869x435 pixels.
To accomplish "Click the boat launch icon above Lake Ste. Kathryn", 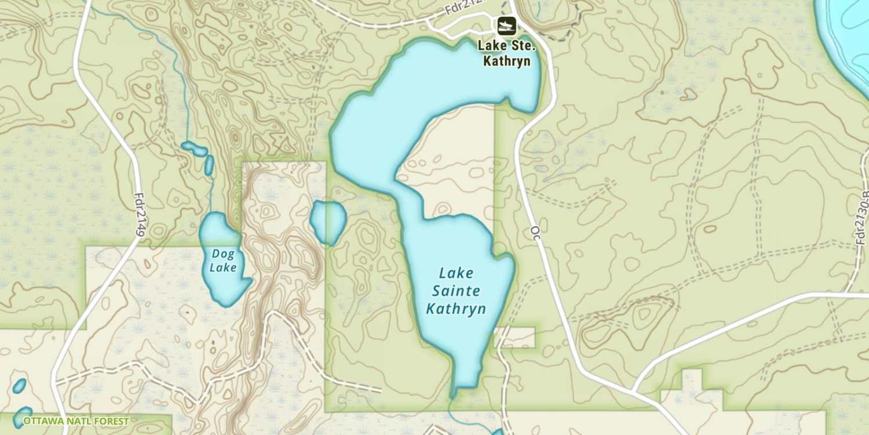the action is point(506,26).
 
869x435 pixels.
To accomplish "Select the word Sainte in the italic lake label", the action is point(456,291).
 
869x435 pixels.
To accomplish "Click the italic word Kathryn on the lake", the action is point(456,309).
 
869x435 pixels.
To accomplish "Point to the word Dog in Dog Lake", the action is point(223,253).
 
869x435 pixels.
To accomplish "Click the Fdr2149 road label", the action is point(140,215).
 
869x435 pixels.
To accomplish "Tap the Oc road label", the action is point(535,231).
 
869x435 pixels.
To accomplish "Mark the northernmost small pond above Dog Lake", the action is point(194,149).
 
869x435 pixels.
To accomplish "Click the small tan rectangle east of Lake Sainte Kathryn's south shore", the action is point(516,337).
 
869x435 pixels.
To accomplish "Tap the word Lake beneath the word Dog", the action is point(223,267).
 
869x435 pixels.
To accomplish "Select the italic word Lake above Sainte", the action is point(456,273).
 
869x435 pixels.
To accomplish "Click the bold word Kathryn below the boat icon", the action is point(507,61).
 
